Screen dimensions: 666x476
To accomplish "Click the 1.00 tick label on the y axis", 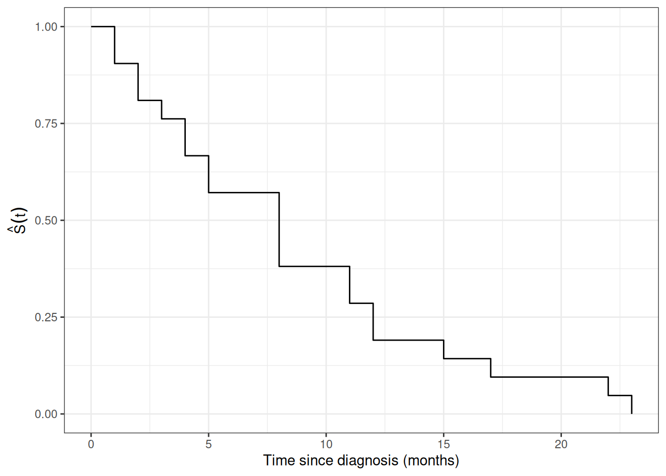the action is pyautogui.click(x=46, y=27).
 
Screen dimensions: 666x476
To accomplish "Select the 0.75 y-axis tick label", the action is pyautogui.click(x=46, y=123).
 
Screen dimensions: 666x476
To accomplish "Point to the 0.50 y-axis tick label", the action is pyautogui.click(x=46, y=221).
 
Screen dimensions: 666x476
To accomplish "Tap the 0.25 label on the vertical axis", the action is pyautogui.click(x=46, y=317).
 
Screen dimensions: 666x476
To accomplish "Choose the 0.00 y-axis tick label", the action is pyautogui.click(x=46, y=414).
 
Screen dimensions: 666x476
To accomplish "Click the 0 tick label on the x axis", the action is pyautogui.click(x=91, y=444).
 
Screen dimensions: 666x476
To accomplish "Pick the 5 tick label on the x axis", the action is pyautogui.click(x=209, y=444).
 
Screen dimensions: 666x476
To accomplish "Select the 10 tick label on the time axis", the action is pyautogui.click(x=326, y=444).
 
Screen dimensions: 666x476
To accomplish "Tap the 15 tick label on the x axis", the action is pyautogui.click(x=444, y=444).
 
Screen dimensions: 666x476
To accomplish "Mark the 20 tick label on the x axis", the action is pyautogui.click(x=561, y=444).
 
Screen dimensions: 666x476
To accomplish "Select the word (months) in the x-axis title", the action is pyautogui.click(x=431, y=461).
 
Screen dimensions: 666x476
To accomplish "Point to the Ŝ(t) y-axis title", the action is pyautogui.click(x=18, y=221).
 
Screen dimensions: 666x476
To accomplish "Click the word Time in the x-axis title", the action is pyautogui.click(x=279, y=461).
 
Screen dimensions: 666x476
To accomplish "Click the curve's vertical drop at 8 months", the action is pyautogui.click(x=279, y=230).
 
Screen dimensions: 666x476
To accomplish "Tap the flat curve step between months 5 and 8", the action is pyautogui.click(x=244, y=192).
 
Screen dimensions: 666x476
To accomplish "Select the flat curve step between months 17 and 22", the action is pyautogui.click(x=549, y=377).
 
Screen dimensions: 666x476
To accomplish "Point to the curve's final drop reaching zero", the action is pyautogui.click(x=631, y=405).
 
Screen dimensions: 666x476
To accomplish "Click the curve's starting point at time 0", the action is pyautogui.click(x=91, y=26).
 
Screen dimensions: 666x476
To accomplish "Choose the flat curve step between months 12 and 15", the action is pyautogui.click(x=408, y=340).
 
